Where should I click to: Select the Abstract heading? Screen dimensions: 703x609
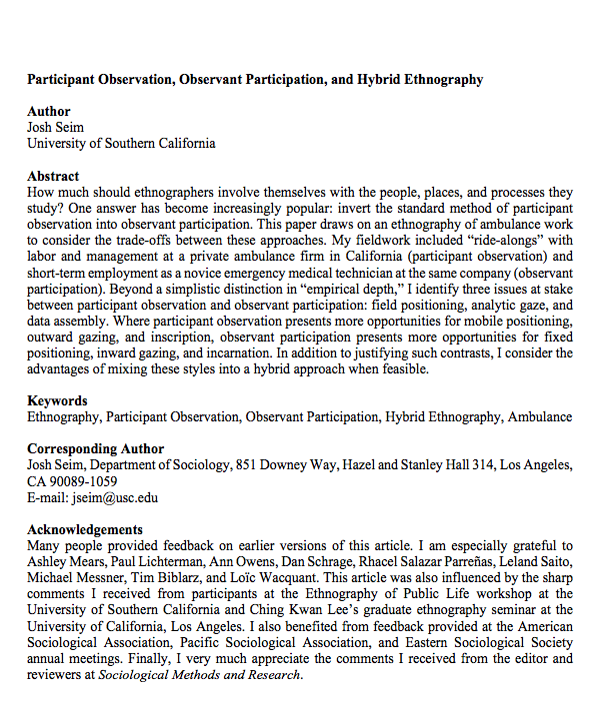53,176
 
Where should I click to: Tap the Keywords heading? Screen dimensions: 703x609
56,400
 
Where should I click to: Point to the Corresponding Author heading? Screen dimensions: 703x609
95,449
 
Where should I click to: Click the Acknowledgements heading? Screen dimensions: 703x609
85,529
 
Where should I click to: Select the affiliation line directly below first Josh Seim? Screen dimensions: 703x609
121,143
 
